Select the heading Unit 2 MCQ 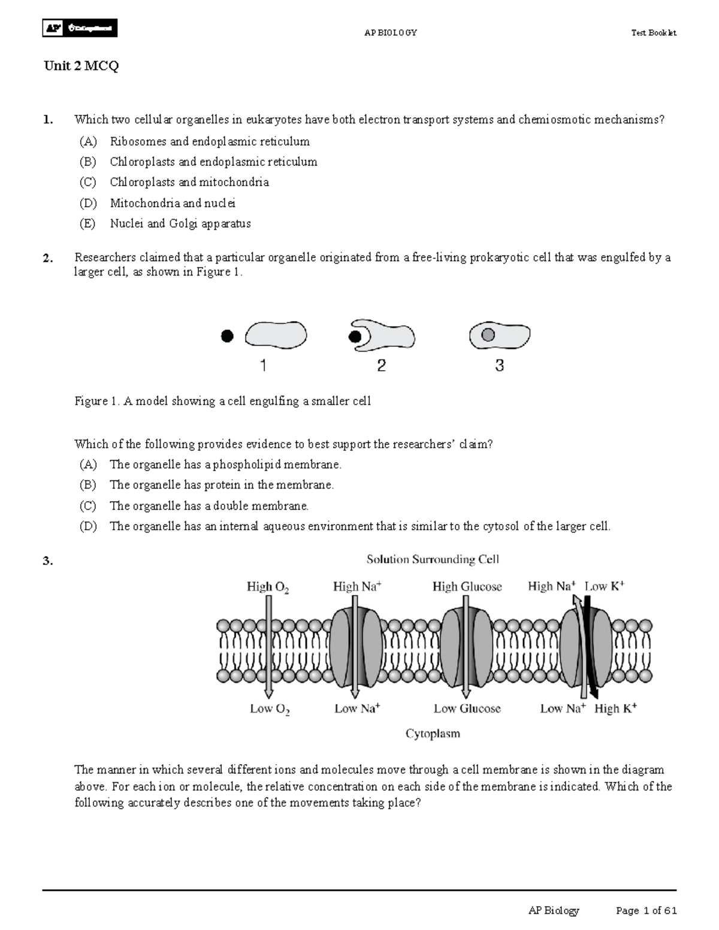[x=81, y=66]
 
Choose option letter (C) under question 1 [x=87, y=182]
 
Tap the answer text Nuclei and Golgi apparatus [x=180, y=223]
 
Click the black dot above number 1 [x=226, y=337]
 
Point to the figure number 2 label [x=381, y=366]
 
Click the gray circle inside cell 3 [x=488, y=334]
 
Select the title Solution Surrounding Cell [x=433, y=559]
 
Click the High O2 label [x=268, y=587]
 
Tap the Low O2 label [x=270, y=710]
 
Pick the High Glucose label [x=467, y=587]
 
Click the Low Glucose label [x=467, y=709]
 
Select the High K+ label [x=615, y=709]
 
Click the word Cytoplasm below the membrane [x=433, y=734]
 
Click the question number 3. [x=48, y=561]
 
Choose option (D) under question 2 [x=87, y=526]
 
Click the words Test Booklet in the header [x=654, y=33]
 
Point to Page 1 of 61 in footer [x=647, y=911]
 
